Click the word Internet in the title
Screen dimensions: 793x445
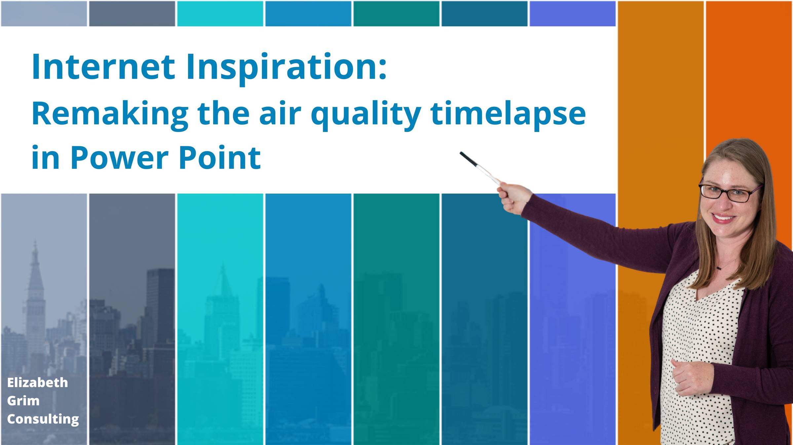[x=103, y=67]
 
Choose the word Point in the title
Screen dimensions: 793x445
[x=220, y=157]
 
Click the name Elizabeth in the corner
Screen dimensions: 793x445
[x=37, y=383]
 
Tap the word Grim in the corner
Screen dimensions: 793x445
[x=23, y=401]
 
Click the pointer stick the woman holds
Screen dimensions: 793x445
[x=480, y=168]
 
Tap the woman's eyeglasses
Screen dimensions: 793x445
[x=729, y=193]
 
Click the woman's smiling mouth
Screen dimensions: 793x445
[x=723, y=218]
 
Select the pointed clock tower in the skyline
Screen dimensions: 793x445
[x=35, y=298]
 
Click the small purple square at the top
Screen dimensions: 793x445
[x=573, y=14]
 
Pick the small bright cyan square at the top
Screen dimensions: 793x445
[x=220, y=14]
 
